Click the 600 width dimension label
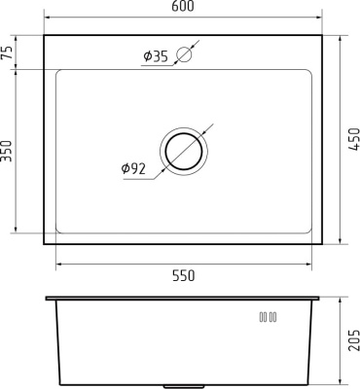pos(184,8)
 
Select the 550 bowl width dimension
pos(184,275)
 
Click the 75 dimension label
pos(8,53)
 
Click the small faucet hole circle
pos(186,56)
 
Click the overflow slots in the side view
pos(268,316)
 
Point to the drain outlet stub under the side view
pos(185,382)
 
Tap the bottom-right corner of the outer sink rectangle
pos(324,244)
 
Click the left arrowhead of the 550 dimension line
pos(59,263)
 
